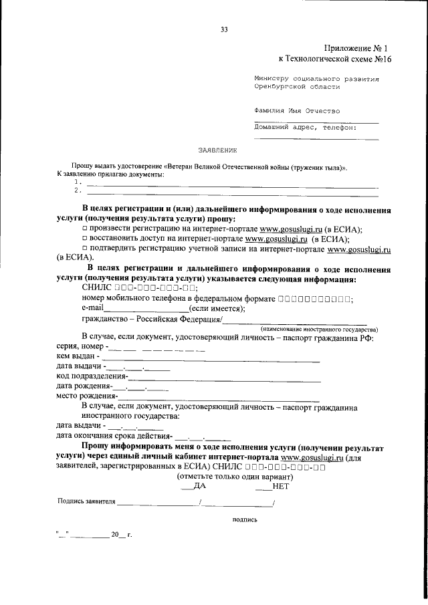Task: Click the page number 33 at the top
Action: (x=224, y=29)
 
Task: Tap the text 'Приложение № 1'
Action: (x=356, y=48)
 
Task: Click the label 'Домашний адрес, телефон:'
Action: (x=305, y=126)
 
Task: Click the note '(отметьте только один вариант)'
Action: (x=235, y=477)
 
